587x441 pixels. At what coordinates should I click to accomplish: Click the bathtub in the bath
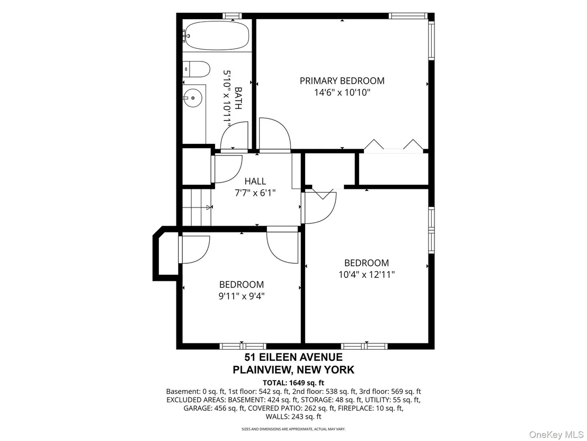tap(217, 36)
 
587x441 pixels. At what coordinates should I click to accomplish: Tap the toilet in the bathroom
tap(196, 69)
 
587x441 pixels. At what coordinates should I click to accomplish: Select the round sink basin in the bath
tap(192, 98)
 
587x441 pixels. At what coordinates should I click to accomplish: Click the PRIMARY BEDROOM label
tap(342, 81)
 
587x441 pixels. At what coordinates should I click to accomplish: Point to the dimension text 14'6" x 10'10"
tap(342, 92)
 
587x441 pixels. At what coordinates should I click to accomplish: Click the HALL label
tap(255, 181)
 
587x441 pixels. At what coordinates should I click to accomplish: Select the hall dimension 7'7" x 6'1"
tap(255, 193)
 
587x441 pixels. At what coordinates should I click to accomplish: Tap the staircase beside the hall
tap(197, 207)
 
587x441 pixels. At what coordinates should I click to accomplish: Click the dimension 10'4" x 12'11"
tap(367, 274)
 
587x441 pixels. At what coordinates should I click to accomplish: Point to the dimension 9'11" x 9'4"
tap(242, 296)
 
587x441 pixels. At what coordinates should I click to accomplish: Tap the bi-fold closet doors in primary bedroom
tap(394, 145)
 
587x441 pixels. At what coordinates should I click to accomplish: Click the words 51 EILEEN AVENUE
tap(293, 357)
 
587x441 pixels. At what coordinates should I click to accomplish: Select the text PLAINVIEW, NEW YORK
tap(293, 370)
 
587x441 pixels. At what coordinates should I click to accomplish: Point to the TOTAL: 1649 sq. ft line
tap(293, 383)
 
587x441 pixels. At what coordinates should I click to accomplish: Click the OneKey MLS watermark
tap(557, 434)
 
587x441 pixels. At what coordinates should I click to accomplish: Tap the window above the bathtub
tap(232, 16)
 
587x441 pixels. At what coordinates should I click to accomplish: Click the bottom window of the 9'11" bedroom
tap(243, 346)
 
